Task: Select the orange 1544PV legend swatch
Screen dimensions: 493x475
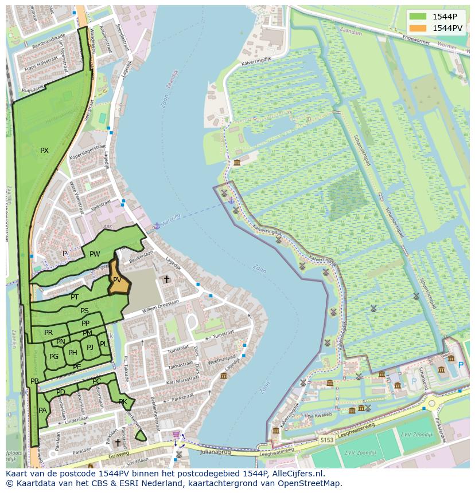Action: [418, 28]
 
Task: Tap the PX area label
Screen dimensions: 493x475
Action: [44, 151]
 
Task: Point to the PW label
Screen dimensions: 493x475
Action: [95, 254]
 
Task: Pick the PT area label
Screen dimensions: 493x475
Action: [75, 297]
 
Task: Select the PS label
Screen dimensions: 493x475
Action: [84, 311]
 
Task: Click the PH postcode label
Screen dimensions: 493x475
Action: [72, 353]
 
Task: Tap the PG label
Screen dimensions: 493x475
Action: [54, 357]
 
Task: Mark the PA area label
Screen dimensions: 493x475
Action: [42, 411]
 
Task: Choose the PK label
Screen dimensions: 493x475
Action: [123, 401]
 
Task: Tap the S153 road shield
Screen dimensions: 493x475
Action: [327, 440]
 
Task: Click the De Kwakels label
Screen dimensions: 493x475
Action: [320, 416]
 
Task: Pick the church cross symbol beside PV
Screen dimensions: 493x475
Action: [166, 279]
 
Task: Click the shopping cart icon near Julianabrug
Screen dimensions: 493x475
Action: [176, 435]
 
